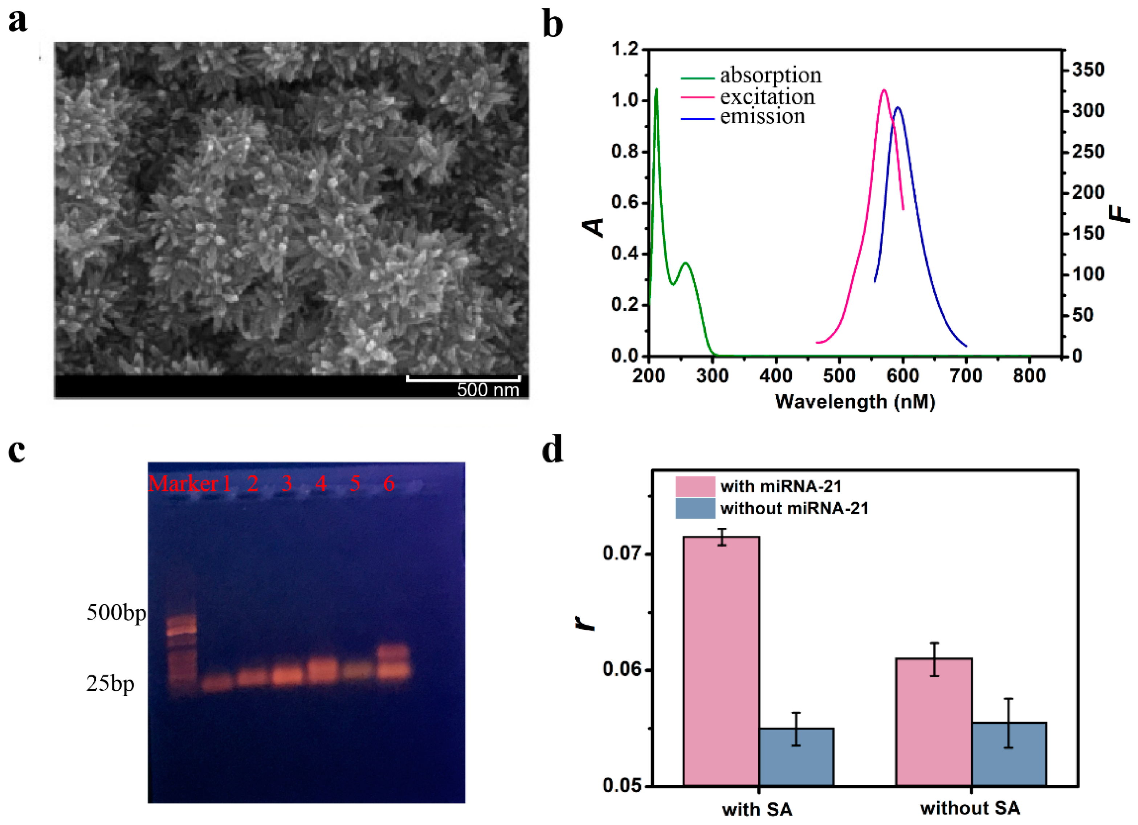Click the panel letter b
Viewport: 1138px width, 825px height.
[552, 25]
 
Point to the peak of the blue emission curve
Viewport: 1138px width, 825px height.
[898, 107]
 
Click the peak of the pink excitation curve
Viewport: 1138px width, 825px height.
[884, 90]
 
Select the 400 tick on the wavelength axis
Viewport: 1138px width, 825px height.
[775, 376]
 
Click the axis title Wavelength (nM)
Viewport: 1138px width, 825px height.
[855, 402]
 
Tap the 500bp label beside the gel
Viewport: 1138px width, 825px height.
[116, 613]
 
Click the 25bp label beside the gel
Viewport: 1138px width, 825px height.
[110, 684]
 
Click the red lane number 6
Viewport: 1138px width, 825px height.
[388, 484]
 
